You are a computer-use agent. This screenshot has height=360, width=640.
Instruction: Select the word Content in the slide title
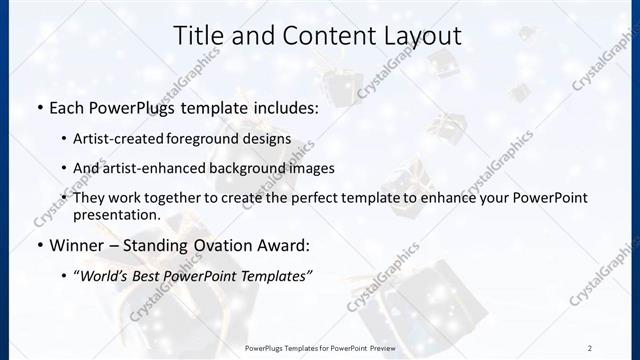tap(309, 36)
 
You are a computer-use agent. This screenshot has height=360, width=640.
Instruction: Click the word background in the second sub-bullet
tap(255, 168)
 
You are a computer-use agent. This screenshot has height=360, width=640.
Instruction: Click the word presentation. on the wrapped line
tap(117, 214)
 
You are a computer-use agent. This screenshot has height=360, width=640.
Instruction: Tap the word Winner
tap(74, 245)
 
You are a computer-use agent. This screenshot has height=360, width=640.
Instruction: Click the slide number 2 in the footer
tap(590, 347)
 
